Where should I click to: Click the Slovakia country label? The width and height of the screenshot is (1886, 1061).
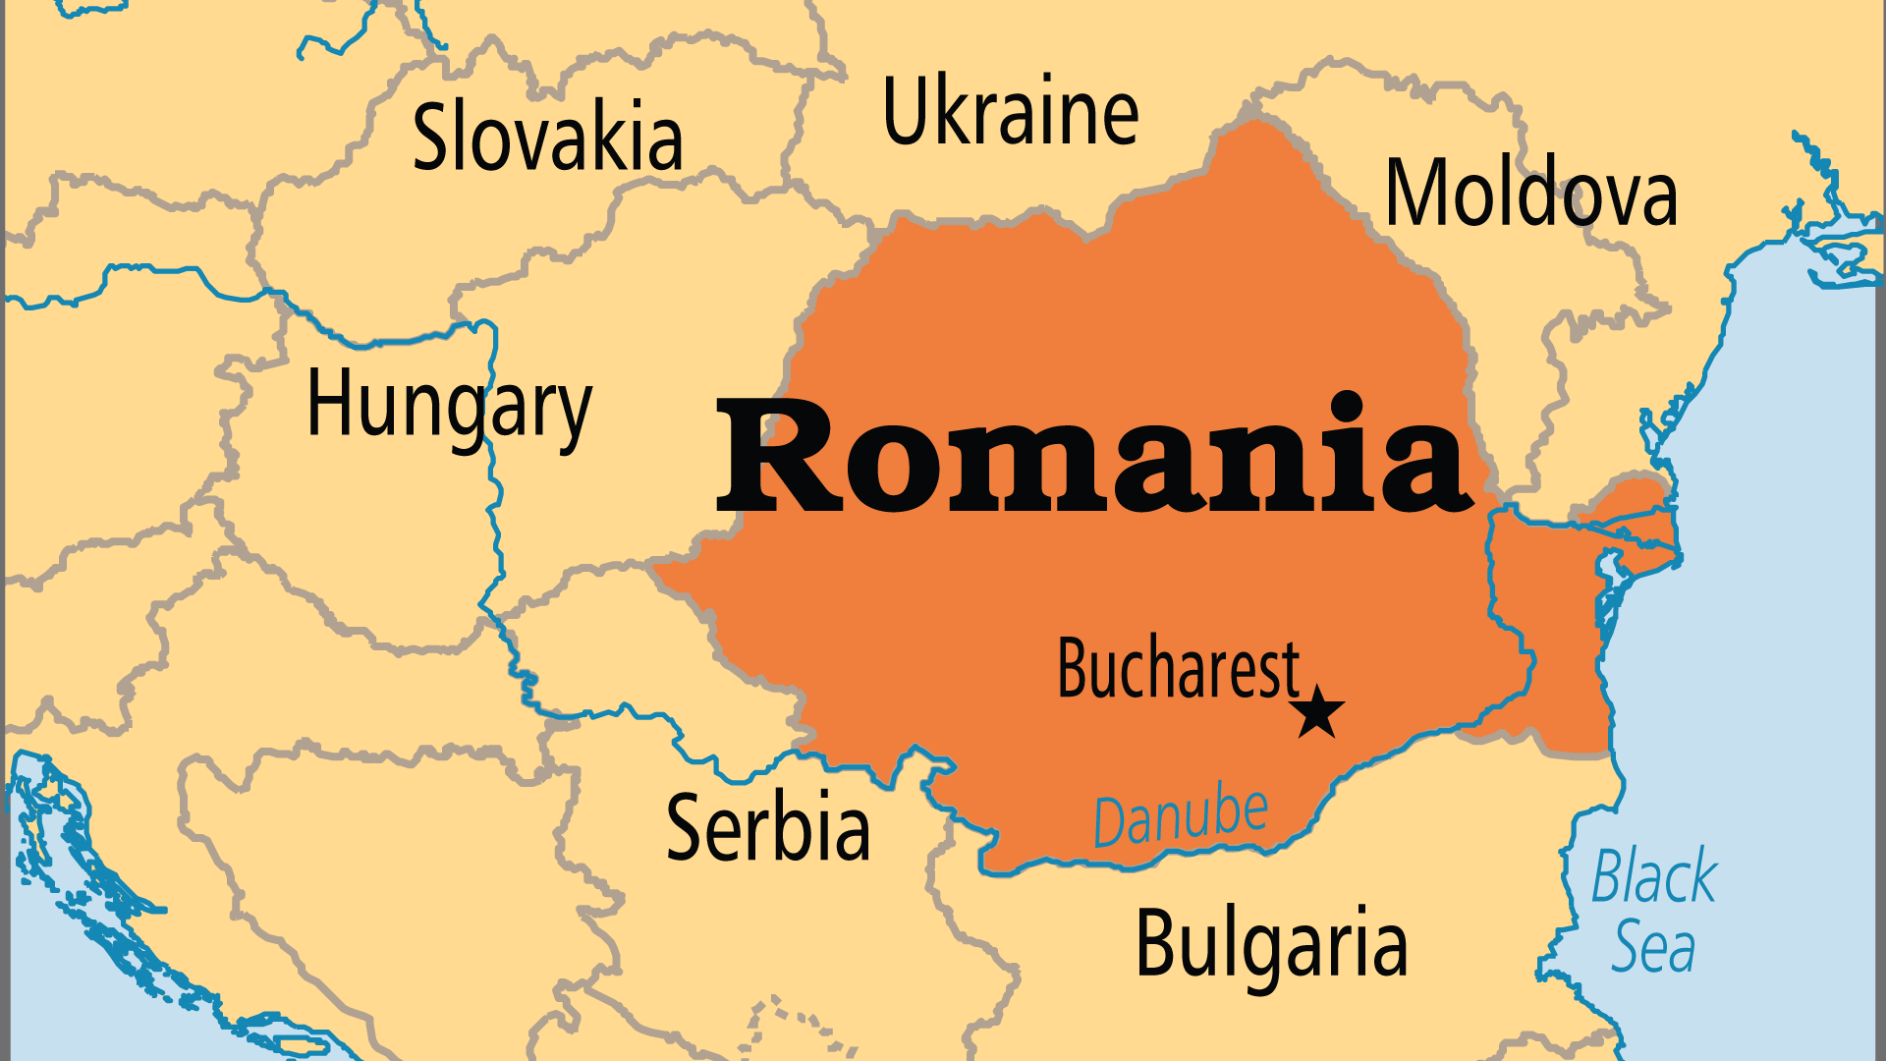[547, 138]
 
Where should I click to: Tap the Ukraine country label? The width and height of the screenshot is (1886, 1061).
[1011, 111]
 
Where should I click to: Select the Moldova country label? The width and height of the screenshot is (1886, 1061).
[1530, 193]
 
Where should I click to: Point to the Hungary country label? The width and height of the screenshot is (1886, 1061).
[449, 406]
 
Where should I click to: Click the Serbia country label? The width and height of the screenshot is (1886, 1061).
[768, 827]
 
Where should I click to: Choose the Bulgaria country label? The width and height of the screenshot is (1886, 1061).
[1271, 943]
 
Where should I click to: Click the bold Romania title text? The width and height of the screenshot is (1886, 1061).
[1094, 454]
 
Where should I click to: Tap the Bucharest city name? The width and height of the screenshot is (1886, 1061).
[1178, 668]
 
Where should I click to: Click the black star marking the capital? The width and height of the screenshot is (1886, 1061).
[1316, 712]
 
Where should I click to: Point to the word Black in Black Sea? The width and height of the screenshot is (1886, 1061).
[1654, 876]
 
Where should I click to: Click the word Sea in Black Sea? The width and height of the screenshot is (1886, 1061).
[1653, 947]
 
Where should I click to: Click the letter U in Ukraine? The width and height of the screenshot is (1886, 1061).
[906, 110]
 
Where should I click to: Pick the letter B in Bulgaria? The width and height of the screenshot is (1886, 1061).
[1156, 943]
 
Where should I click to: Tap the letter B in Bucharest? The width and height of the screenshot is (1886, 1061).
[1074, 668]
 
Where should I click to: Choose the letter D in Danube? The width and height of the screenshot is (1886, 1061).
[1110, 823]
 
